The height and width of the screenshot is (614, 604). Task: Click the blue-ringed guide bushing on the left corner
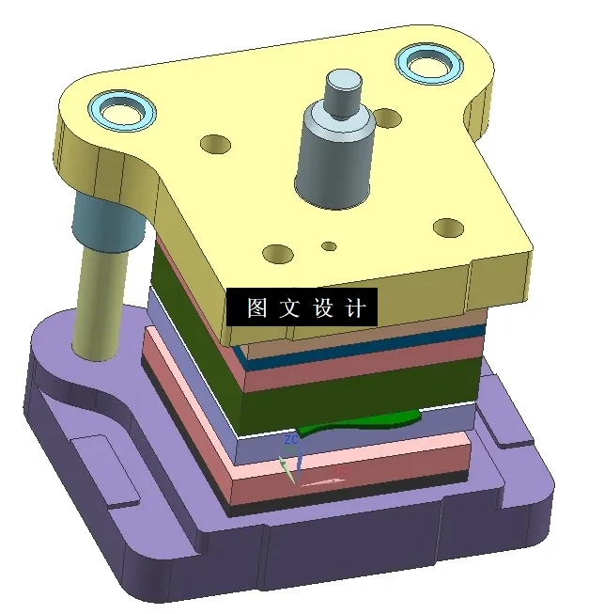tap(123, 110)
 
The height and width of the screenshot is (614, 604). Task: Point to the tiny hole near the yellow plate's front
tap(329, 246)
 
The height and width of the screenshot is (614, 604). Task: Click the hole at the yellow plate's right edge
tap(448, 228)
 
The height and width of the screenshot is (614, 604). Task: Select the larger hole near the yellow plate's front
tap(279, 253)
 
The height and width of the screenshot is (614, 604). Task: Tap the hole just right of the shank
tap(387, 118)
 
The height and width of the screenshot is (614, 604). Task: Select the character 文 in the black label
tap(288, 308)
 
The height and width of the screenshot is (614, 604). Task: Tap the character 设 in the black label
tap(322, 308)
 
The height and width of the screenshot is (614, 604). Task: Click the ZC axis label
tap(291, 439)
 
